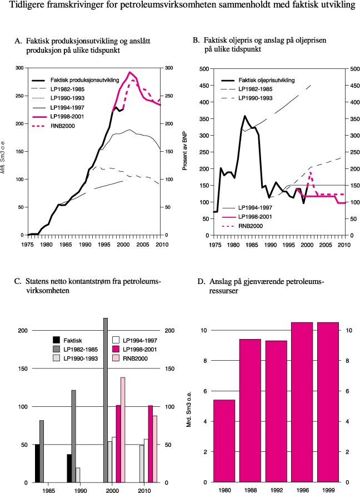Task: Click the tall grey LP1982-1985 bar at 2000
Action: click(x=106, y=400)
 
